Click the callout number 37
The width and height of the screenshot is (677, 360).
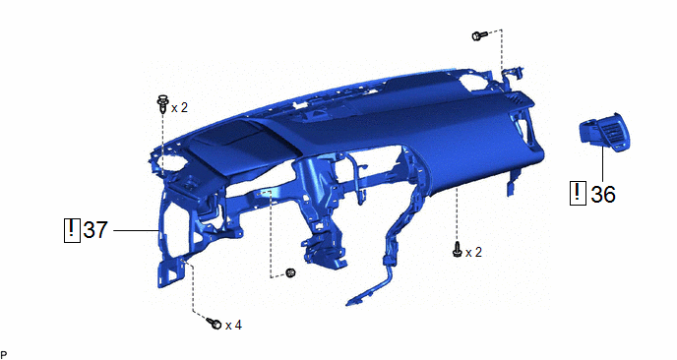point(95,229)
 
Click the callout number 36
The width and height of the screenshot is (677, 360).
point(603,194)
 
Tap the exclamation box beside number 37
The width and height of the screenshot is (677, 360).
point(72,230)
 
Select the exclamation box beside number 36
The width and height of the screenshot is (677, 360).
point(578,194)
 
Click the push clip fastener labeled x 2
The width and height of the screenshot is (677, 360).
point(162,103)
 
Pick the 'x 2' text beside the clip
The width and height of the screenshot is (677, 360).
point(180,108)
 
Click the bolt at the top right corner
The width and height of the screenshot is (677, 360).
point(479,35)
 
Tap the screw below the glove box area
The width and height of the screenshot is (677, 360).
point(458,250)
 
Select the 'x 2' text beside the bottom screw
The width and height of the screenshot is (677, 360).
point(473,252)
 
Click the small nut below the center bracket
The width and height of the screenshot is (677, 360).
point(290,272)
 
